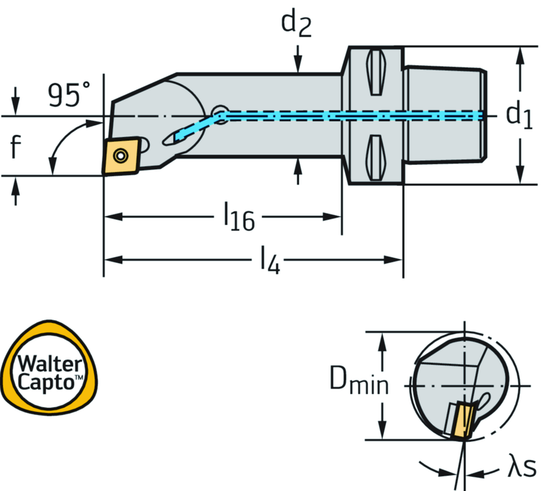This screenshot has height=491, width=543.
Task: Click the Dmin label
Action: (x=359, y=383)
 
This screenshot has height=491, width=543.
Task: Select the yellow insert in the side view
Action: (x=121, y=156)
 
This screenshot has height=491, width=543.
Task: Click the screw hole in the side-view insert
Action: (x=121, y=156)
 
